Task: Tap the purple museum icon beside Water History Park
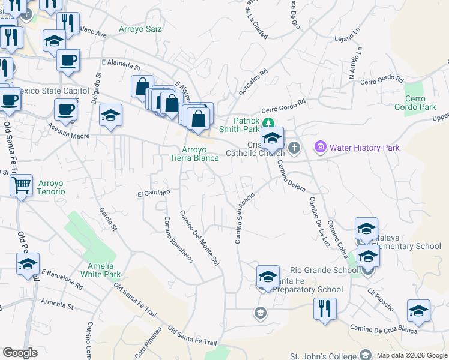click(320, 147)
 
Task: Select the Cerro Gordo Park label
click(420, 103)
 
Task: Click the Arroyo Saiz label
click(141, 29)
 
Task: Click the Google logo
click(20, 353)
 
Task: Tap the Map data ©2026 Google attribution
click(412, 355)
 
